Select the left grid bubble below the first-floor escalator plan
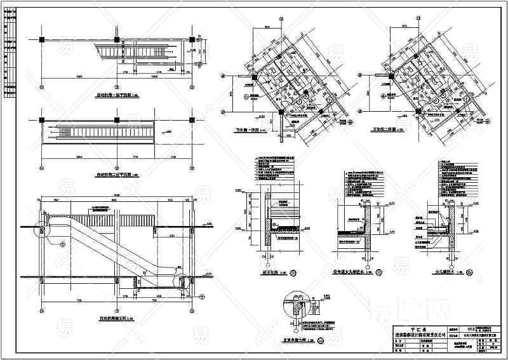click(x=42, y=88)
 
